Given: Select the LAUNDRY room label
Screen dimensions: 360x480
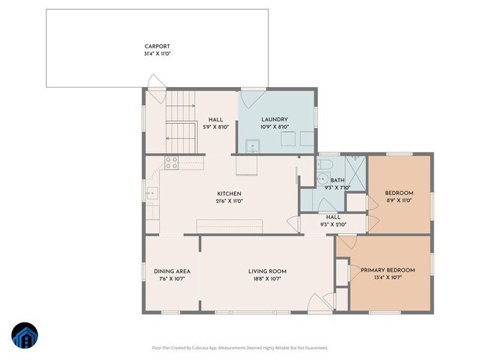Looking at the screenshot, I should [x=275, y=120].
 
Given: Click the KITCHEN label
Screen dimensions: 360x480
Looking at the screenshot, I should [x=229, y=193].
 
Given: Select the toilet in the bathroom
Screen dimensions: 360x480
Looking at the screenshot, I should [x=325, y=163].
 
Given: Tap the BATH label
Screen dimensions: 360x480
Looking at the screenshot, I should [x=337, y=180].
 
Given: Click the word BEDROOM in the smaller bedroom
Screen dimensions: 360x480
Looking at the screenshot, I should [x=399, y=193].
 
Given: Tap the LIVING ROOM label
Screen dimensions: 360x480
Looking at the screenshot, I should [x=268, y=271].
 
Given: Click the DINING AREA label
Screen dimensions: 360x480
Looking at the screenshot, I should [x=172, y=271].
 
